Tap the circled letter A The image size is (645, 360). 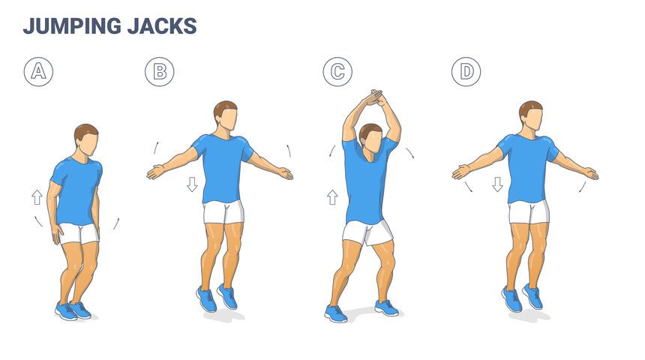point(38,71)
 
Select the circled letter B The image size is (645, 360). point(159,71)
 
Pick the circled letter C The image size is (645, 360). point(337,71)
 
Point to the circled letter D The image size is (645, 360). point(466,71)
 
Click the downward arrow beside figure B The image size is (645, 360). point(192,184)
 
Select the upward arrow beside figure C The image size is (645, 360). point(332,197)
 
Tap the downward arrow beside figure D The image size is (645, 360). point(497,184)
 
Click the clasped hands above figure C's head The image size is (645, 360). point(373,99)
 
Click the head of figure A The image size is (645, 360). point(87,140)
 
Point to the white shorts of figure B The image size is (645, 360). point(223,212)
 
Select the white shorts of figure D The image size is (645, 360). point(529,212)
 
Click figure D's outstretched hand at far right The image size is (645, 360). point(589,173)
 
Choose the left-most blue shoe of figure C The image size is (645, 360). point(335,312)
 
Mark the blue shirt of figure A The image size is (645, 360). point(76,190)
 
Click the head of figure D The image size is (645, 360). point(531,116)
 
